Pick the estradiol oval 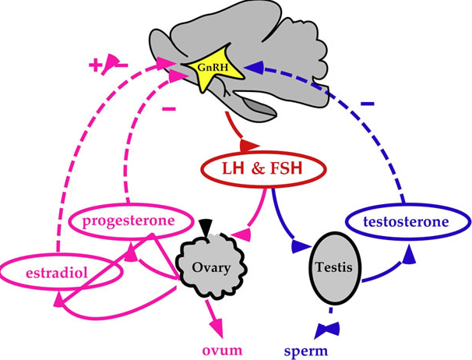tap(56, 274)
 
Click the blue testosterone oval tap(407, 222)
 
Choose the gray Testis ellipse tap(334, 267)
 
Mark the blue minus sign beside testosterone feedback tap(367, 103)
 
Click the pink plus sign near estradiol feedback tap(95, 65)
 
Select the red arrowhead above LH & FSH tap(248, 146)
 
